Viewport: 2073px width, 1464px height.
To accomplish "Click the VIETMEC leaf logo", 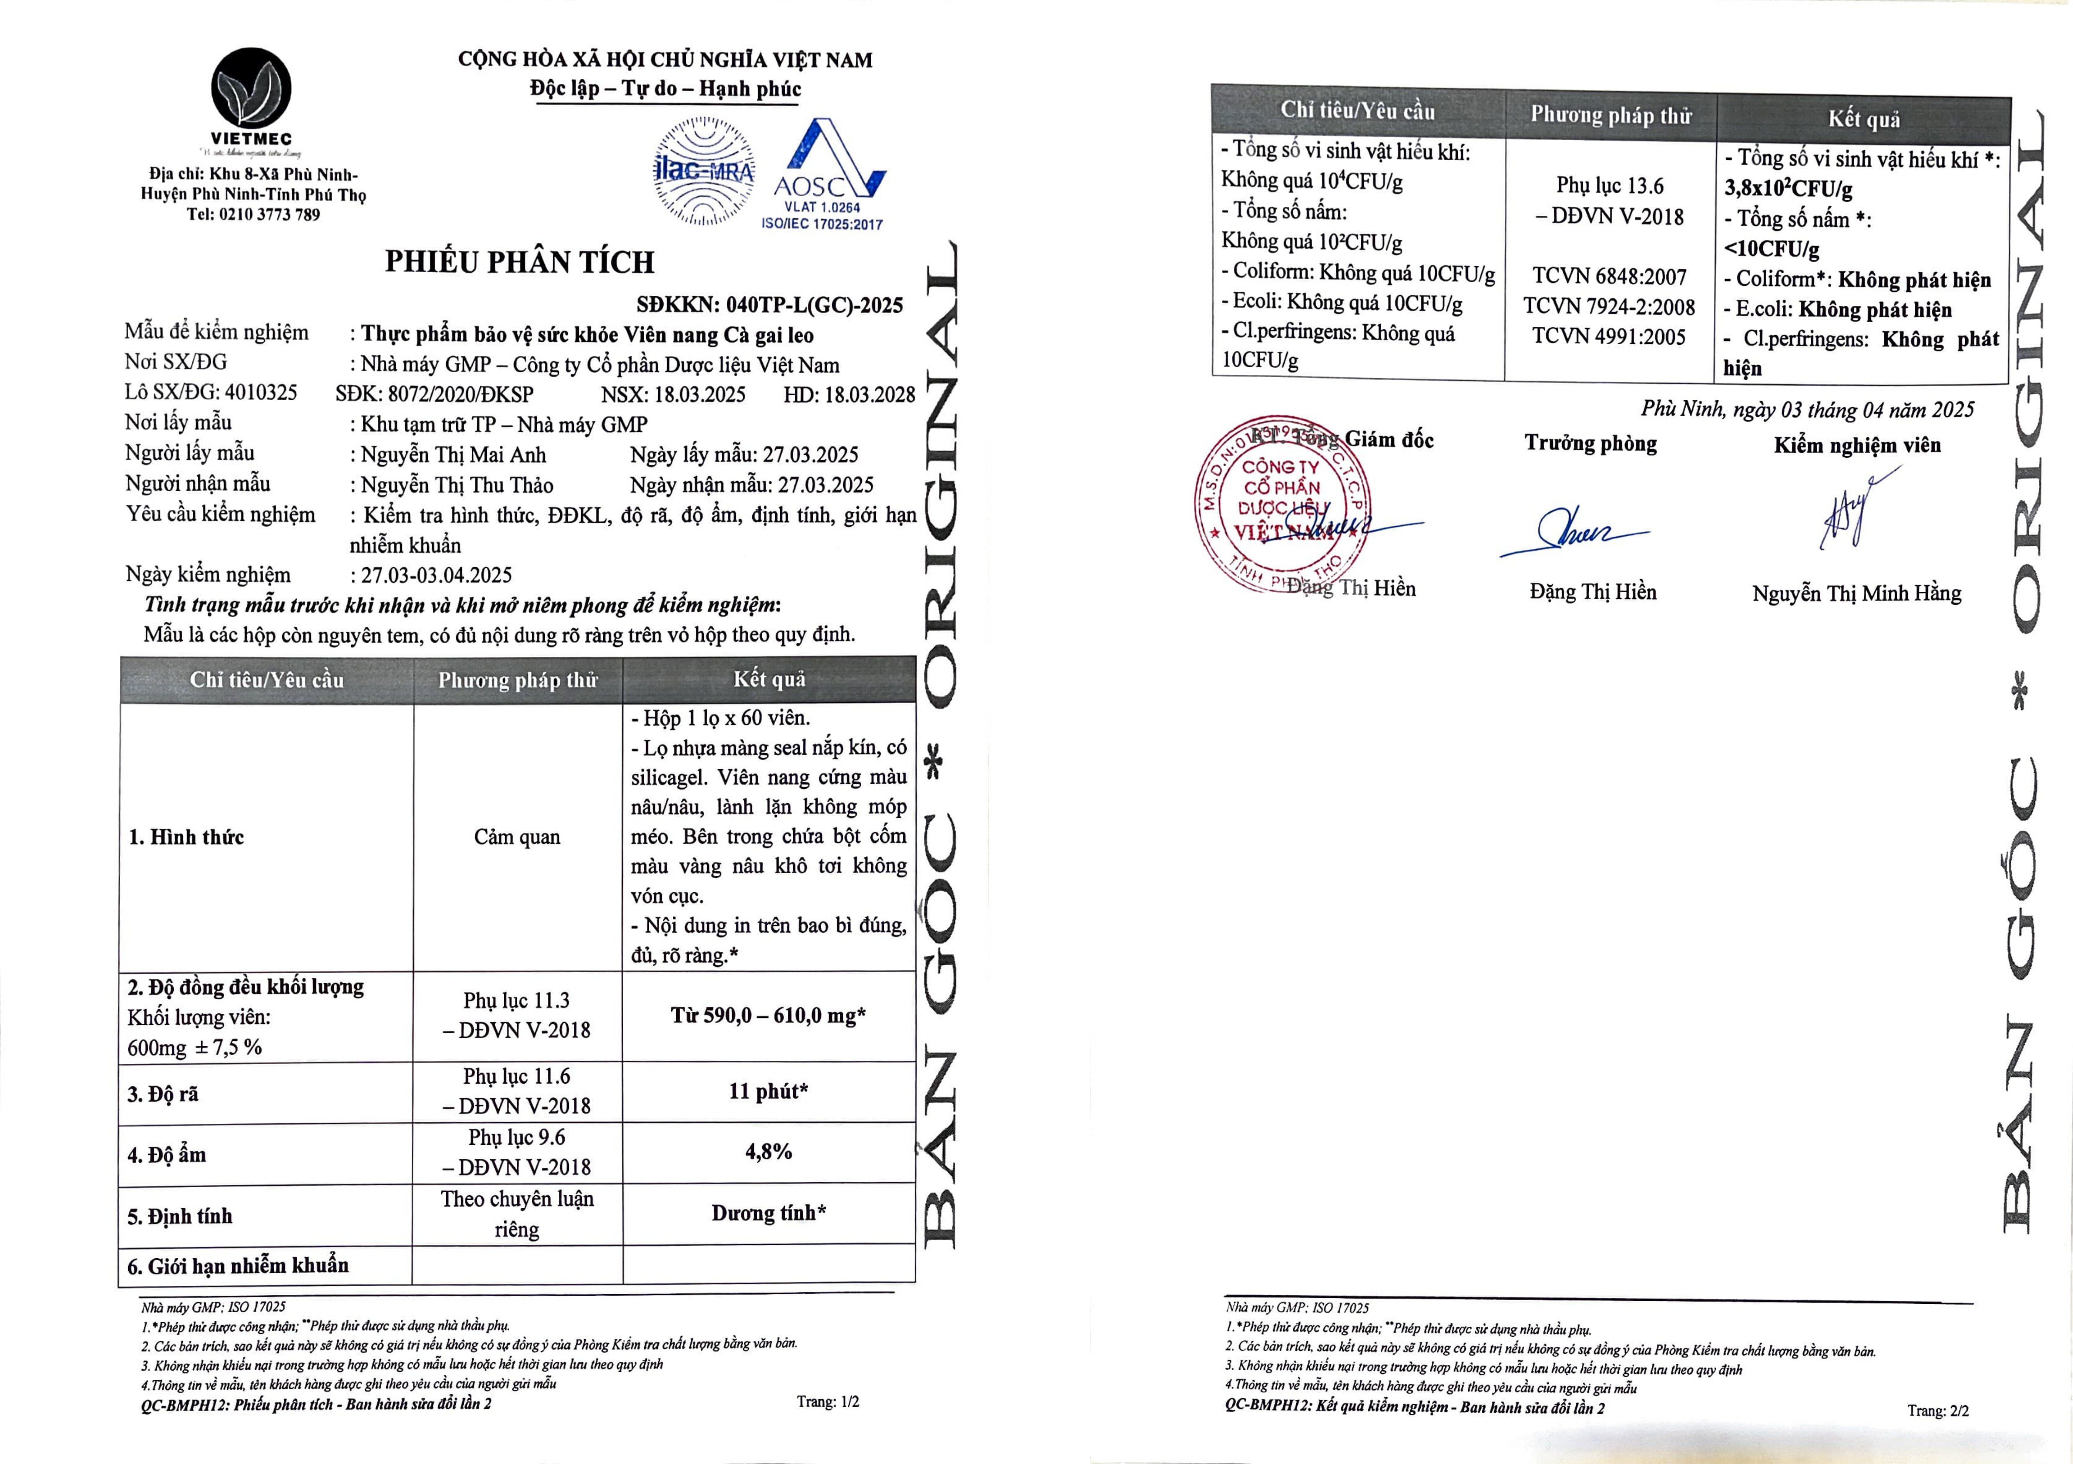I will (252, 88).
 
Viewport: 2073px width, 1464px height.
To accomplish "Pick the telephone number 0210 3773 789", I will (269, 215).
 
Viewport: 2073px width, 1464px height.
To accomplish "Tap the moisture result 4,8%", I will (769, 1152).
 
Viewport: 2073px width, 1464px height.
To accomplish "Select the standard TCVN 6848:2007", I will (1609, 276).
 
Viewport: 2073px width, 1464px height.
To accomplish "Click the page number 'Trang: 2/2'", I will (1938, 1410).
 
